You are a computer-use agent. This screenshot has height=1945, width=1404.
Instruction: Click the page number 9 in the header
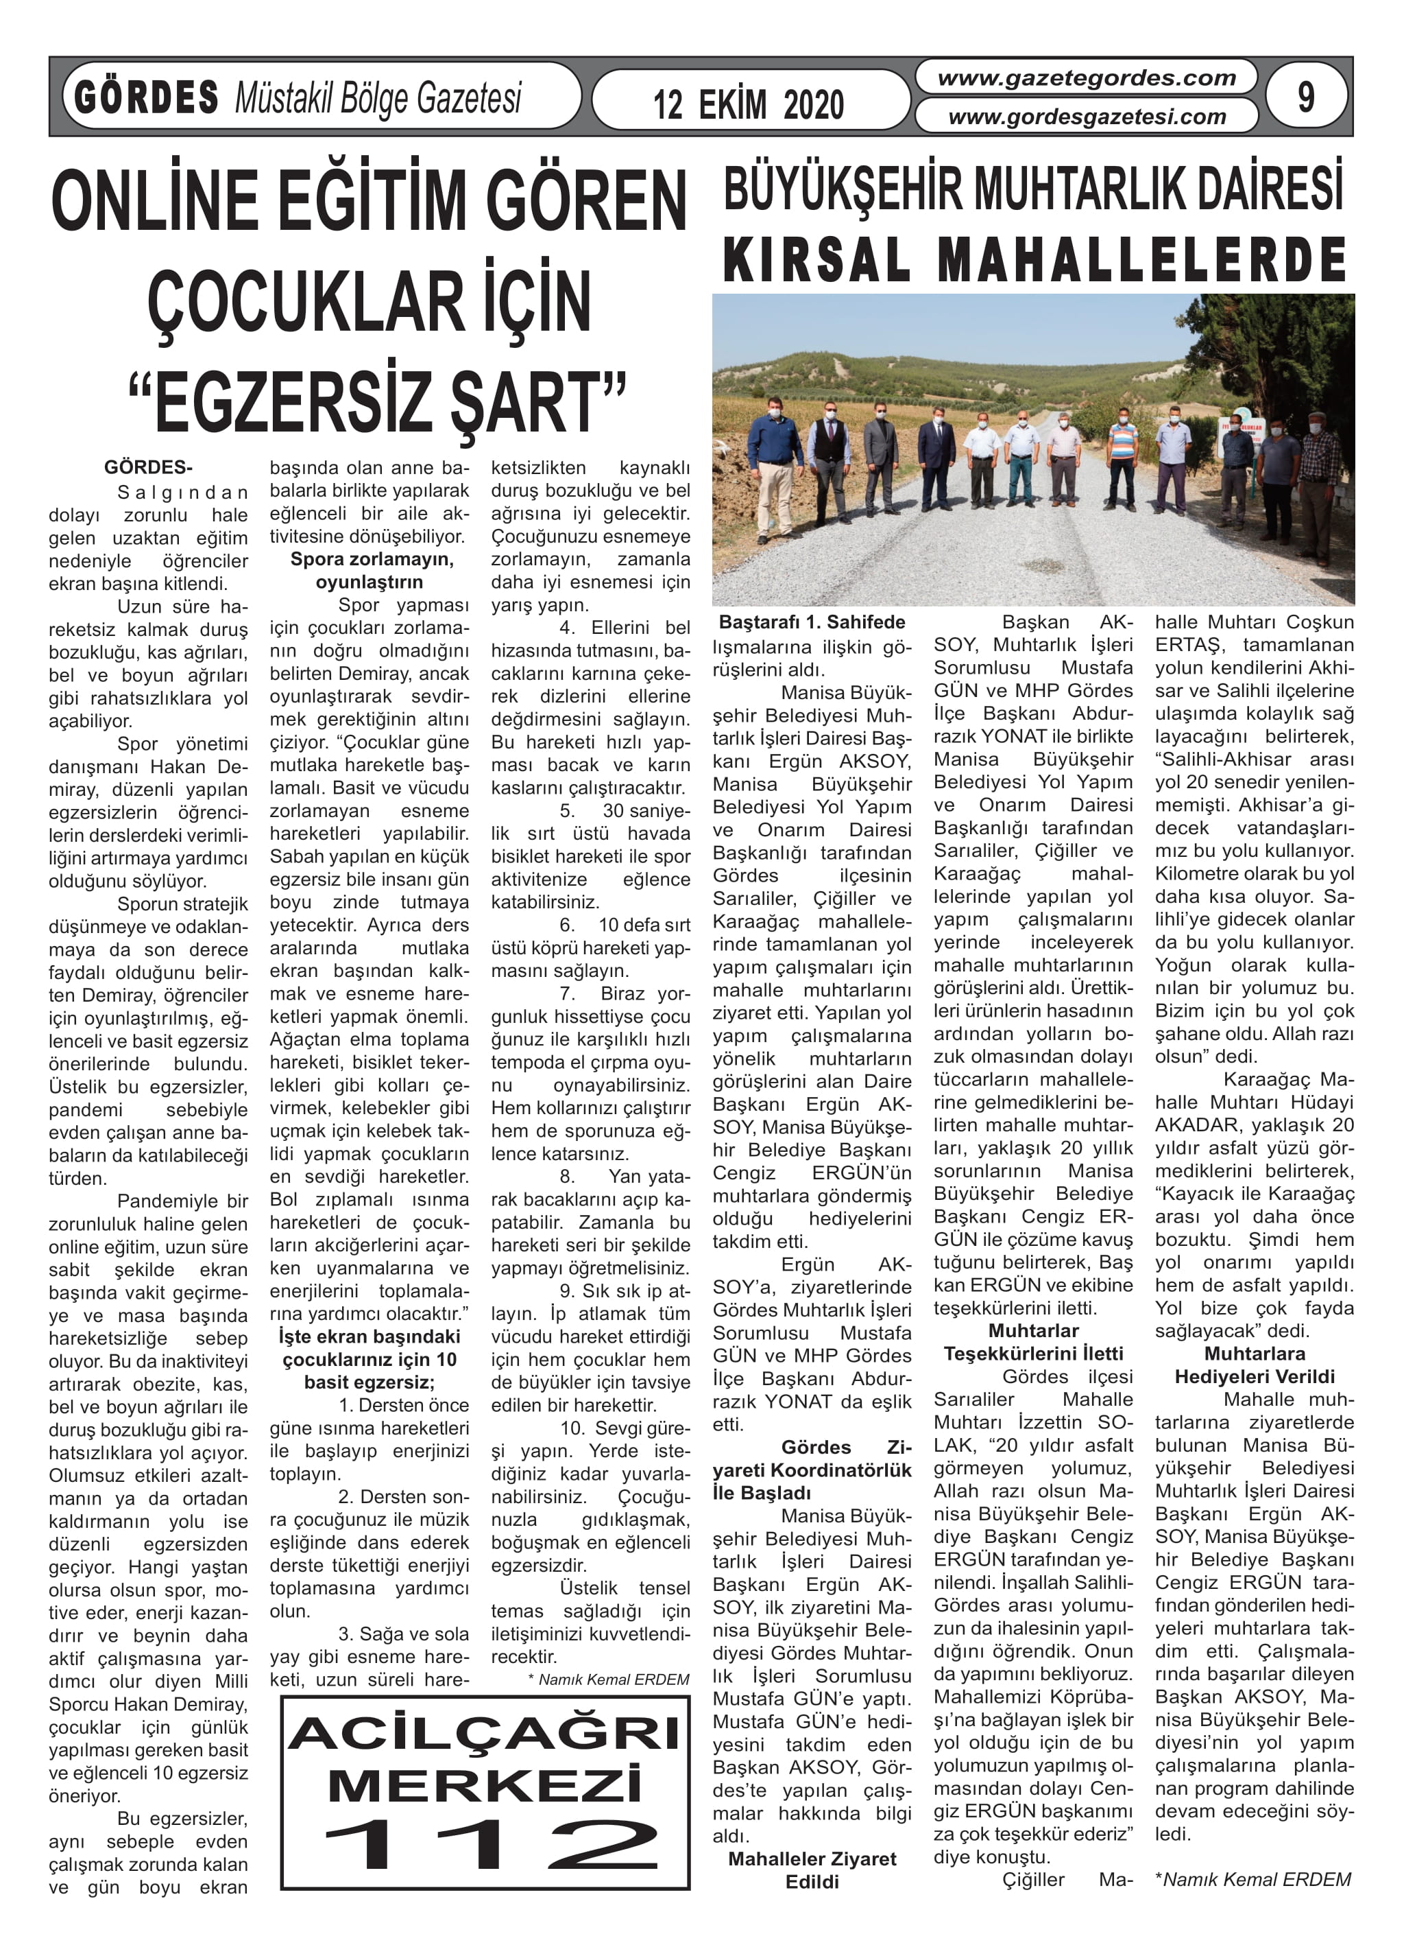pos(1305,97)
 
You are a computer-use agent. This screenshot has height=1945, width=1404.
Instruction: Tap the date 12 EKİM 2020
pos(749,104)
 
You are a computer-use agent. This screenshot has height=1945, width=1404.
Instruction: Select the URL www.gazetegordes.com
pos(1086,78)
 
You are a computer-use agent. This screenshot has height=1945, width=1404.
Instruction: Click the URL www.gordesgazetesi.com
pos(1086,117)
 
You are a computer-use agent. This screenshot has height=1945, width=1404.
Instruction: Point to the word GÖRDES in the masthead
pos(147,97)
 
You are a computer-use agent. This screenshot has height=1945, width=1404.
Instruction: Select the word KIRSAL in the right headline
pos(818,260)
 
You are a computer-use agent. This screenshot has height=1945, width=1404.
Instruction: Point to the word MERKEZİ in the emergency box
pos(485,1787)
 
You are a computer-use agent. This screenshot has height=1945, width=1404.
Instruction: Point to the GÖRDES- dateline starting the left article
pos(148,467)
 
